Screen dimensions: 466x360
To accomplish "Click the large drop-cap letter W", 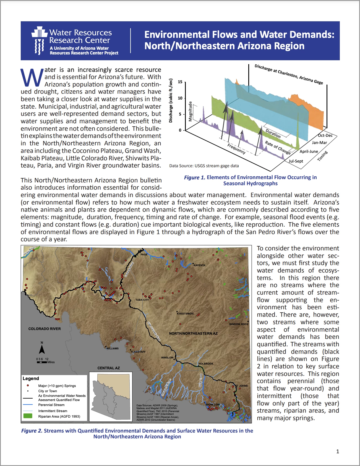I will [x=32, y=77].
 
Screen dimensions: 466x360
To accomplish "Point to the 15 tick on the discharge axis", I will [x=180, y=82].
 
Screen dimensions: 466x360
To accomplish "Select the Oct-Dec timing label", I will [x=325, y=135].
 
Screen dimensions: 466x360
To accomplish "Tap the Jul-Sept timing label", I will [x=296, y=161].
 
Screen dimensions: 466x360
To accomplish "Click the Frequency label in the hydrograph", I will [x=236, y=149].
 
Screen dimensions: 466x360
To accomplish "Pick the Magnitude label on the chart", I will [x=190, y=111].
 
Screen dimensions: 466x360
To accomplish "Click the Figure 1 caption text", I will [x=251, y=180].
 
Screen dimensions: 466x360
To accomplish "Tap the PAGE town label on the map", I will [x=144, y=255].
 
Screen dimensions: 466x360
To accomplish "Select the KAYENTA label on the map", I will [x=199, y=265].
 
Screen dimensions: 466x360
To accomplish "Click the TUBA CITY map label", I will [x=142, y=300].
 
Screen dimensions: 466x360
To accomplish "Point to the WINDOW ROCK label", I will [x=239, y=324].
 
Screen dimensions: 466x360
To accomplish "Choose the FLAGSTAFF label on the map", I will [x=138, y=352].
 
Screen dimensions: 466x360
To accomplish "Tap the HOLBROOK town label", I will [x=206, y=364].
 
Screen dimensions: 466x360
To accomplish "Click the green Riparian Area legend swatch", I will [x=28, y=416].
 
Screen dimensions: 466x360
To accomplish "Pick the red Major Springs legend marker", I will [x=28, y=385].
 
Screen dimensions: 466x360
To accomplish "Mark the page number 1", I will [x=337, y=451].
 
